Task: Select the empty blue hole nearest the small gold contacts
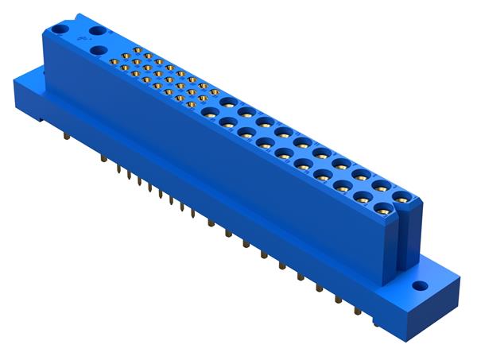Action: point(99,49)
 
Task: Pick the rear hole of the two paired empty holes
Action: point(99,30)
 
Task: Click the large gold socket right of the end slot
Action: point(403,199)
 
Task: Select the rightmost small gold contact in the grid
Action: point(215,93)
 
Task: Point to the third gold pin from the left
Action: point(118,169)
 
